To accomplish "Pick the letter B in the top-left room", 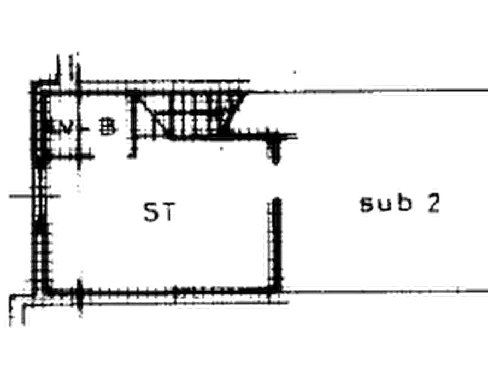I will pos(107,127).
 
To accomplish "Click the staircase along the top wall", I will pos(186,115).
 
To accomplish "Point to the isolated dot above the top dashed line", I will pos(292,69).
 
